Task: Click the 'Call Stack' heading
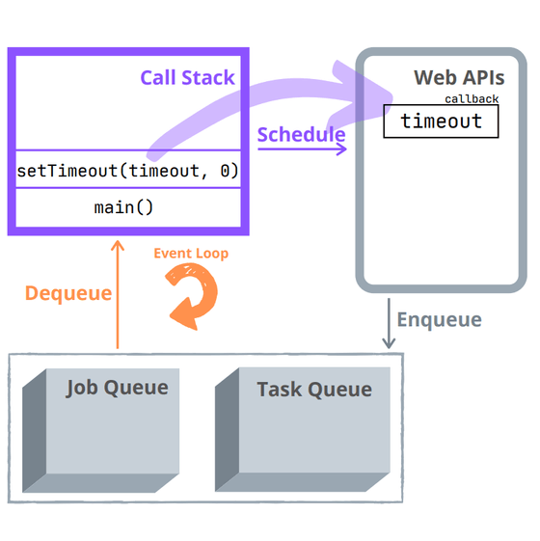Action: pos(187,77)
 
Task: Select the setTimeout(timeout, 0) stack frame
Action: pos(127,171)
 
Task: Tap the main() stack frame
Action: pos(123,207)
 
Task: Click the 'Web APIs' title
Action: pos(458,77)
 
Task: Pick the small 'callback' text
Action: pos(472,99)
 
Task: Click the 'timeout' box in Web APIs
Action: pos(441,122)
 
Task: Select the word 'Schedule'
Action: pos(301,134)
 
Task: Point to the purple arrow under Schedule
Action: pos(302,150)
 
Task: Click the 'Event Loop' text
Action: pos(191,254)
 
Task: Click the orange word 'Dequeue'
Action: pos(68,293)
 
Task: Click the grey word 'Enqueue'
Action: pos(439,319)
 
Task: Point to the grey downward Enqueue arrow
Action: pos(389,324)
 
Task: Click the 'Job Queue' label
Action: pos(117,388)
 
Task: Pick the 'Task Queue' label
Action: pos(313,390)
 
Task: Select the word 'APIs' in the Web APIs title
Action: pos(483,77)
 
